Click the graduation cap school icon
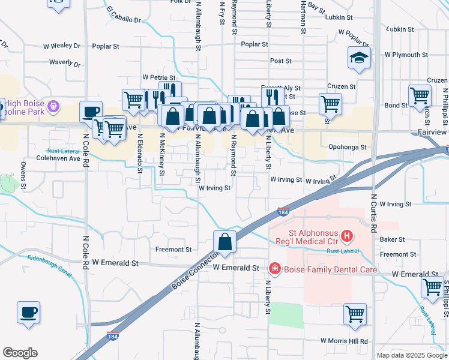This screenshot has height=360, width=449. [x=359, y=58]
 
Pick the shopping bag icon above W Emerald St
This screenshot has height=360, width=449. [x=224, y=242]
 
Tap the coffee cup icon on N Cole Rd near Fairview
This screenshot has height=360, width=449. [x=91, y=112]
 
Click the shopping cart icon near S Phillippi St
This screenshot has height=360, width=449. [x=432, y=287]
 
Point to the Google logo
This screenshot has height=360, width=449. [x=20, y=353]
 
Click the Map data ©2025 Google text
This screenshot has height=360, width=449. [x=411, y=355]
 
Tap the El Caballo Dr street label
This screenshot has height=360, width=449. [x=123, y=16]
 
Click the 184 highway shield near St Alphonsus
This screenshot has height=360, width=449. [x=283, y=212]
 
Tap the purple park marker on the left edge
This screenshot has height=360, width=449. [x=53, y=106]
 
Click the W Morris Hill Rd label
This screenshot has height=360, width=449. [x=344, y=341]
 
